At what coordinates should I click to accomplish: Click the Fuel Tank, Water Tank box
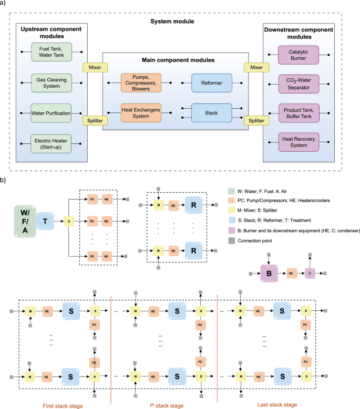(x=52, y=53)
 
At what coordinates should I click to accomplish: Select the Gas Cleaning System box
(x=52, y=82)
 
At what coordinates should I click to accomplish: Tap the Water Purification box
(x=52, y=112)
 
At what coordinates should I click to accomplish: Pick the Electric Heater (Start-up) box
(x=52, y=142)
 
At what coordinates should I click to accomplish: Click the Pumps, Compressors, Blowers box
(x=141, y=82)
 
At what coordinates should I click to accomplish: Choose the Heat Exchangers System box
(x=141, y=112)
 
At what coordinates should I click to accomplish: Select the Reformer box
(x=212, y=82)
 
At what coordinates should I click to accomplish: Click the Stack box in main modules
(x=212, y=112)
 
